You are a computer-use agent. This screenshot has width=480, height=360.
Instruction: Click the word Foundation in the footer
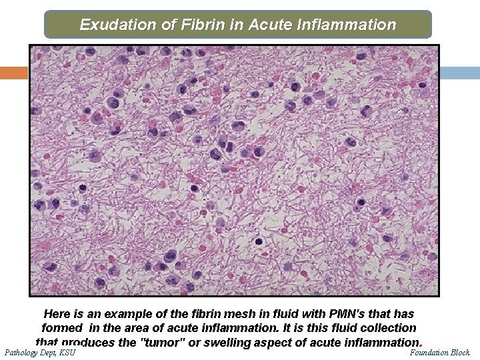[x=429, y=352]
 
